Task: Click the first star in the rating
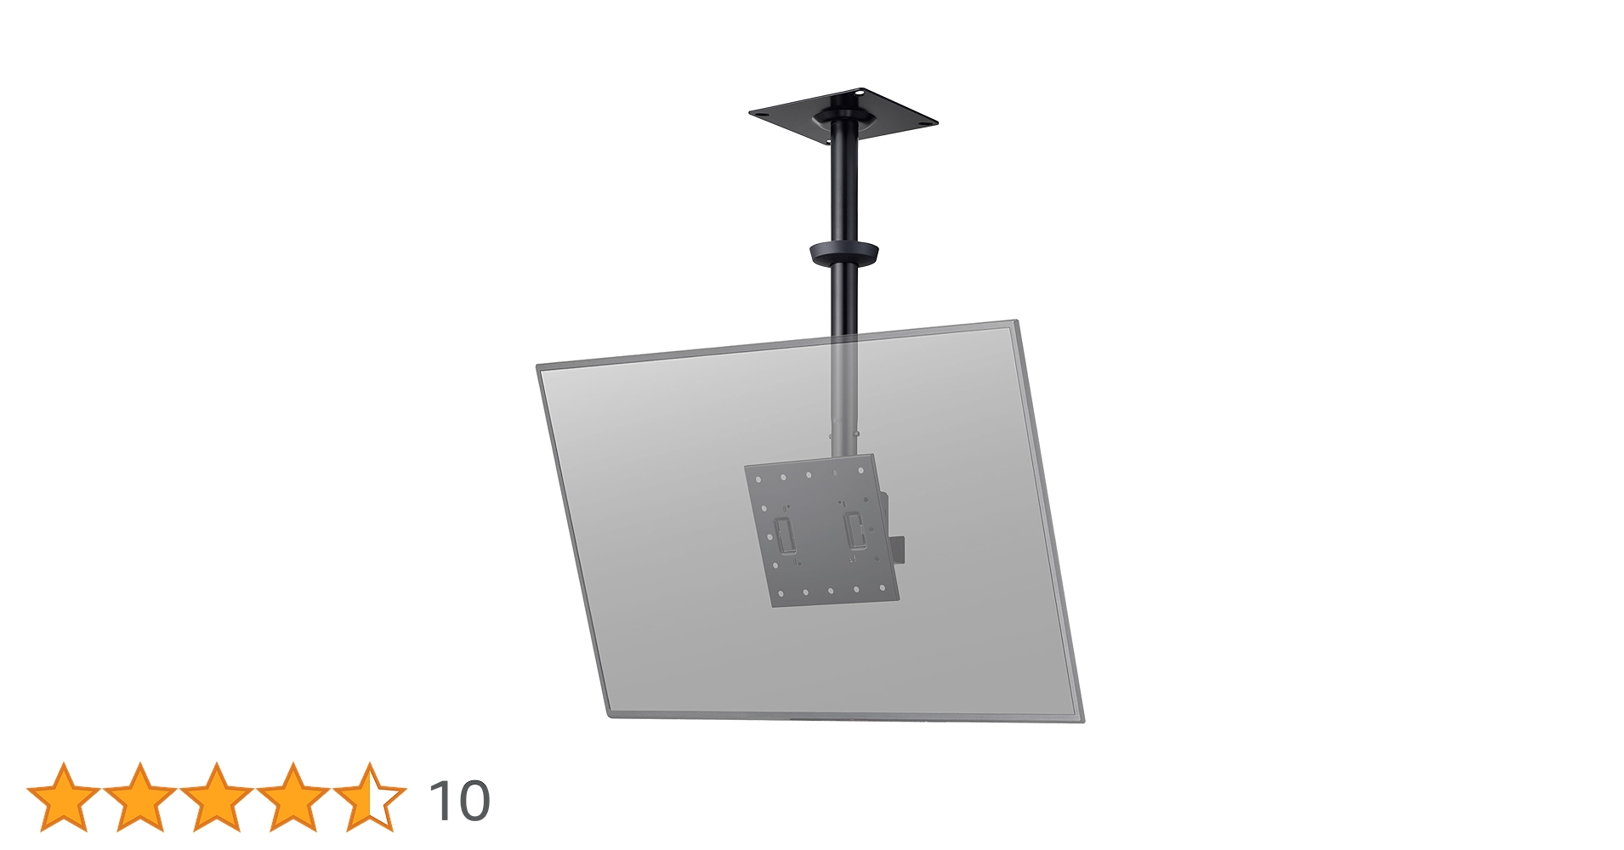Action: tap(64, 797)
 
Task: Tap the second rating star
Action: tap(140, 797)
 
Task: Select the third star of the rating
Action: tap(217, 797)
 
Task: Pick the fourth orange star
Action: tap(293, 797)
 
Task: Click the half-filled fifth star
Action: tap(370, 797)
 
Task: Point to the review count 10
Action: tap(459, 801)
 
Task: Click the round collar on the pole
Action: tap(843, 253)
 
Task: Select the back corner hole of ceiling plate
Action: tap(860, 92)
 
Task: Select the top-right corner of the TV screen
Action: tap(1015, 322)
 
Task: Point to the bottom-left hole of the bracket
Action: tap(780, 593)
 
